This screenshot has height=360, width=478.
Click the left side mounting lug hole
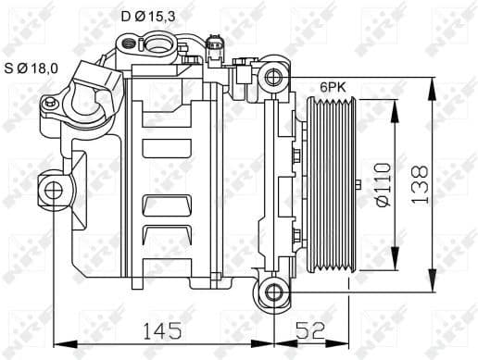[x=54, y=191]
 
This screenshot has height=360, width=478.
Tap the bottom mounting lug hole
[x=274, y=293]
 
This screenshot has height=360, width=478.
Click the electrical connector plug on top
[x=217, y=43]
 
